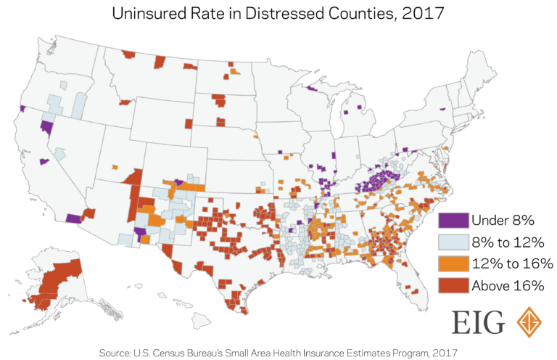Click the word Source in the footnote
click(x=117, y=352)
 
